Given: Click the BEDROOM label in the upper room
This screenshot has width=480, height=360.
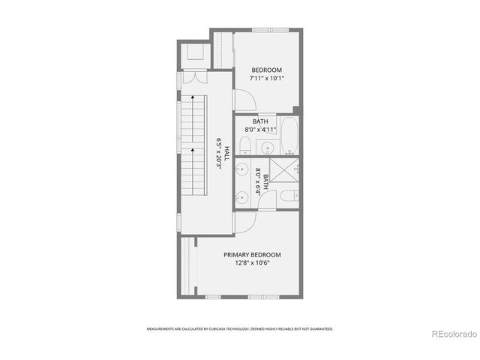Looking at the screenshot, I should (266, 69).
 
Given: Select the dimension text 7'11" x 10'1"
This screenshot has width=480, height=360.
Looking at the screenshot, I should (266, 76).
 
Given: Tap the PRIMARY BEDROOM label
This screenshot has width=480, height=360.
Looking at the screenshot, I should (251, 254).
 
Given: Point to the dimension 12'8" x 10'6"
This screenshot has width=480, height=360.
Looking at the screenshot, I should (251, 262).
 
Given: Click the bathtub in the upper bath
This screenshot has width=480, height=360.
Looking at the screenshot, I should (289, 136).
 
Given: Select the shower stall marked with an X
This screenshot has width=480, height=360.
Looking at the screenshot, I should (282, 172).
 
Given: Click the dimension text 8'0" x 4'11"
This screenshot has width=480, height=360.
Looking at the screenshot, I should (261, 129).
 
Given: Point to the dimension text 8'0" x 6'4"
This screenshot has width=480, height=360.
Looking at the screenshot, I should (259, 181).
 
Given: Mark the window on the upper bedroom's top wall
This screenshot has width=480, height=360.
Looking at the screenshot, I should (269, 30).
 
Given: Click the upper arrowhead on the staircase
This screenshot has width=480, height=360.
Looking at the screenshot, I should (193, 97).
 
